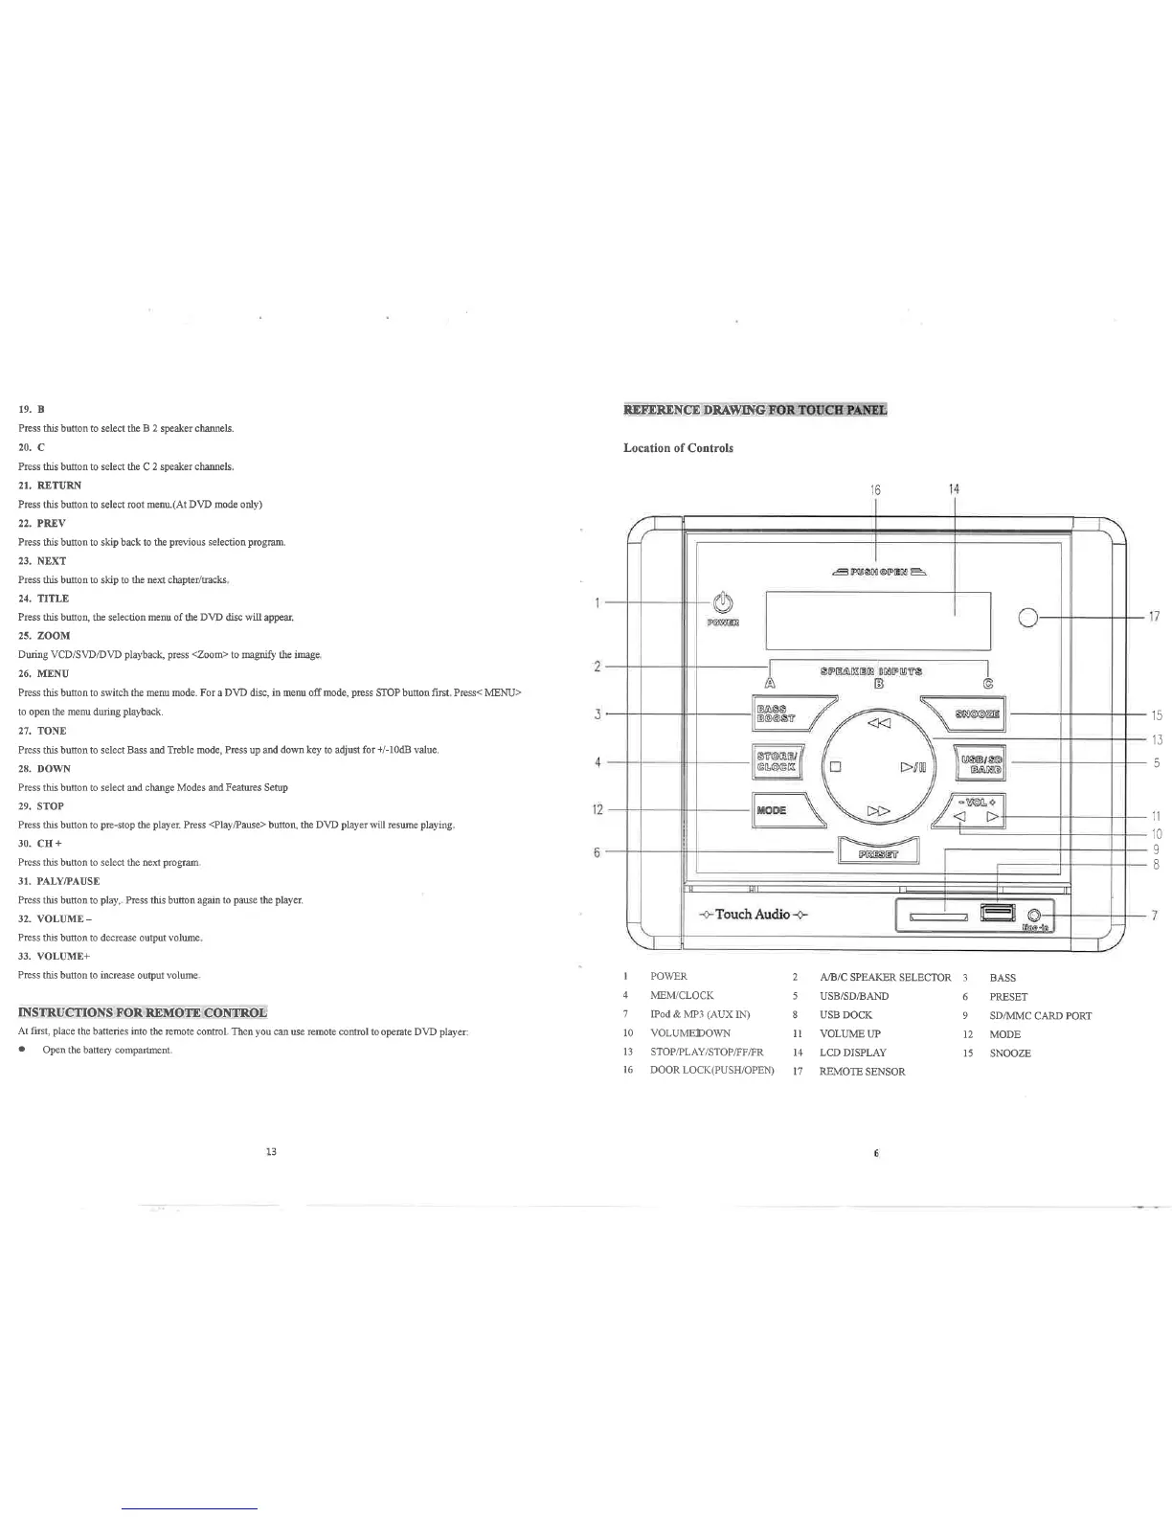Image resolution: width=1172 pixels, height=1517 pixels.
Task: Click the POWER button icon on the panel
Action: pos(724,602)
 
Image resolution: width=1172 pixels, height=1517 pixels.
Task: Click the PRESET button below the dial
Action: pos(878,849)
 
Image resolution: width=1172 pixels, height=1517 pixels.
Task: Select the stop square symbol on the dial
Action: pos(836,766)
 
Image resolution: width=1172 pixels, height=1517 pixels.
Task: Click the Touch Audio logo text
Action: pos(754,914)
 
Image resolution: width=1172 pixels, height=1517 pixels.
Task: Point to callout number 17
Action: pos(1155,617)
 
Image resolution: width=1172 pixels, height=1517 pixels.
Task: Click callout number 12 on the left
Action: pos(597,810)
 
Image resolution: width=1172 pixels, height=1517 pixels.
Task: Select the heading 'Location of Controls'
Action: pos(678,448)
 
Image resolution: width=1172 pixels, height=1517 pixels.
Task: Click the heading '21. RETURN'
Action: pos(50,486)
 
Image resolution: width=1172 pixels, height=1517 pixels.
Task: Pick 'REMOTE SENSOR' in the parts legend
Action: pos(862,1072)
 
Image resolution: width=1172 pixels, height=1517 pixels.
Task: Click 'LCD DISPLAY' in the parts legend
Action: pos(852,1053)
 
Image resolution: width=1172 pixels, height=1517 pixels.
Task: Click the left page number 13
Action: pos(271,1151)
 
